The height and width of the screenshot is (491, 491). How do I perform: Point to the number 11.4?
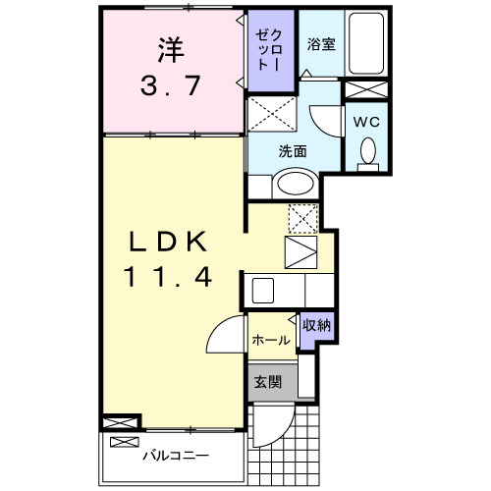(168, 278)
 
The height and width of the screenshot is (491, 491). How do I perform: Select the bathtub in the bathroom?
(367, 44)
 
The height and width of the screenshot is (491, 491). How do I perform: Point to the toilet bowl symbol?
(368, 151)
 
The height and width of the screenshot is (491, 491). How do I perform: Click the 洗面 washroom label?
(292, 152)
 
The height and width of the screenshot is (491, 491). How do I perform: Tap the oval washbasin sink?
(293, 183)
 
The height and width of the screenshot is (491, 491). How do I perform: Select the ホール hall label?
(269, 340)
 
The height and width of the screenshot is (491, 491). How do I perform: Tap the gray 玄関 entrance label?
(269, 381)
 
